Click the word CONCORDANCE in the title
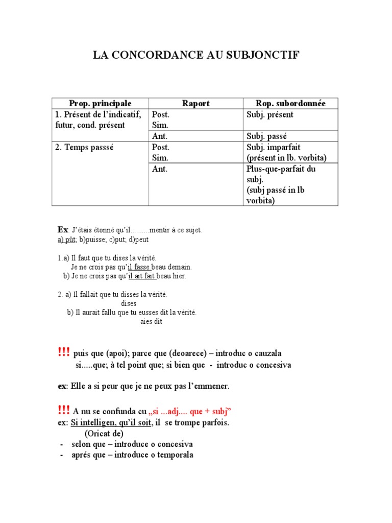(x=168, y=55)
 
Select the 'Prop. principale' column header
(x=100, y=103)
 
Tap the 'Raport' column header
(x=195, y=103)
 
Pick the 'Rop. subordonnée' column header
(x=290, y=103)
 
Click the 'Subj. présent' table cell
(x=269, y=115)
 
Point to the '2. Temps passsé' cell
(x=84, y=147)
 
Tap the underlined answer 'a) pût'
(x=66, y=239)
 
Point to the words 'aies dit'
(x=151, y=322)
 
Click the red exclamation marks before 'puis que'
(x=64, y=352)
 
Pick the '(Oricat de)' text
(x=104, y=434)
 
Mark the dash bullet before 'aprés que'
(x=62, y=455)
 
